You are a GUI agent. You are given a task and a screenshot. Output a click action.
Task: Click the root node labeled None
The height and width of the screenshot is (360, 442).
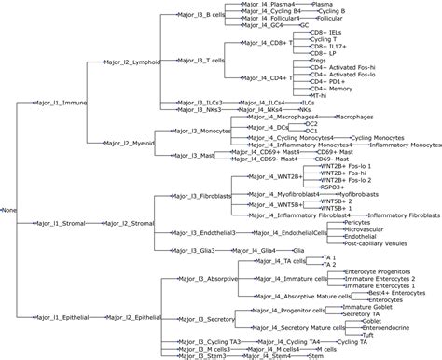[9, 208]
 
